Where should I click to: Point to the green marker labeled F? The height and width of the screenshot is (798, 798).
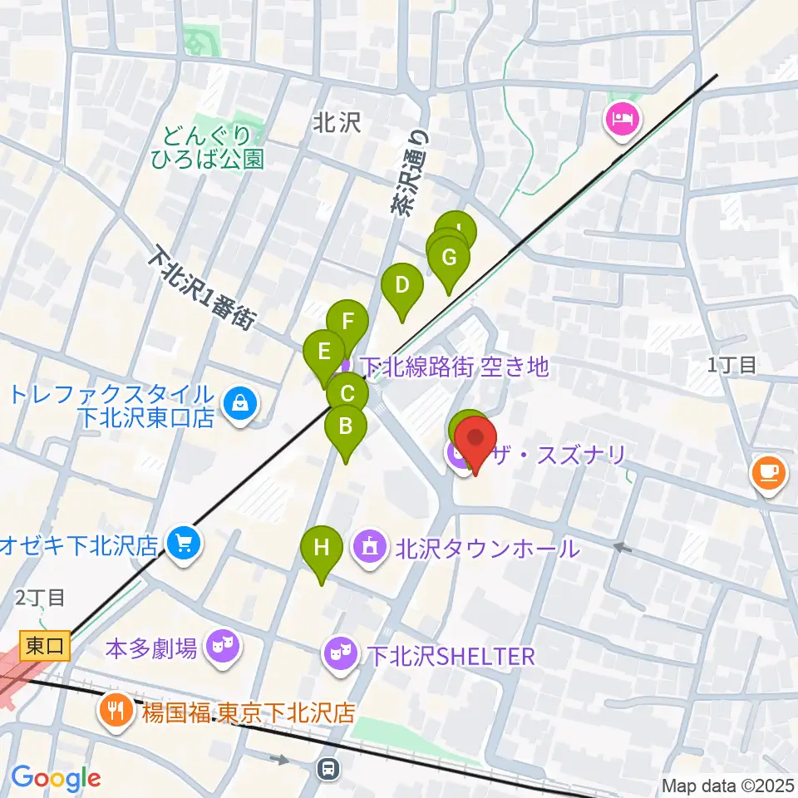point(347,322)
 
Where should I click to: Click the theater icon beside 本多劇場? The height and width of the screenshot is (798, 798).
point(220,644)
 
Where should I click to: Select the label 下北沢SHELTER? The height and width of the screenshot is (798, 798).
point(450,656)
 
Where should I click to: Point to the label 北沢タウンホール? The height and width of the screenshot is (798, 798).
point(486,549)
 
